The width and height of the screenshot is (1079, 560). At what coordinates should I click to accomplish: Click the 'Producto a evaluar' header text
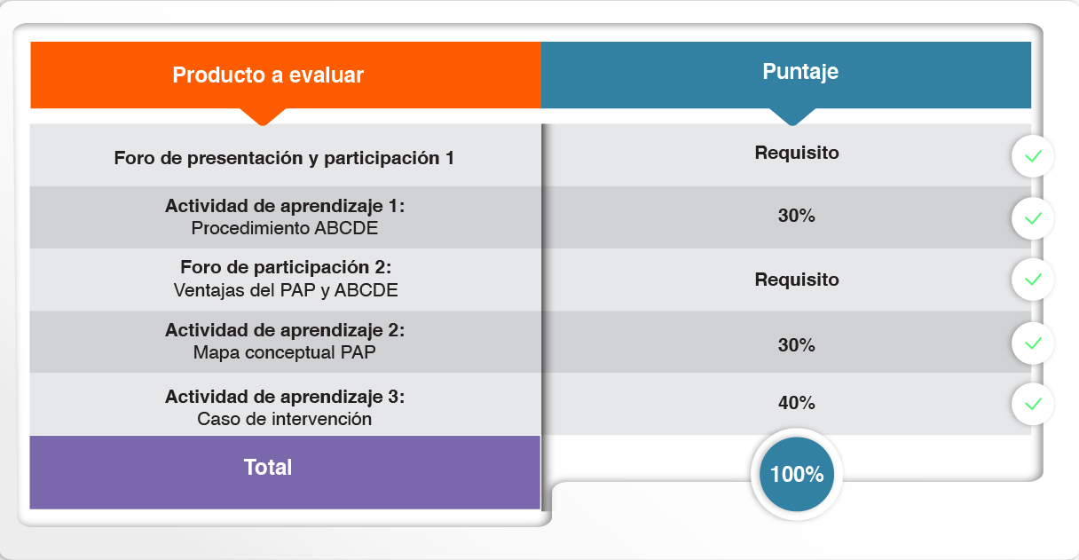(x=268, y=75)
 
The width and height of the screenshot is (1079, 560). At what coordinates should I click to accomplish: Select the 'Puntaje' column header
(x=800, y=72)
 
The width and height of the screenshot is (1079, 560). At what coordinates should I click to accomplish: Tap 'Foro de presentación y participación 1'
(x=284, y=158)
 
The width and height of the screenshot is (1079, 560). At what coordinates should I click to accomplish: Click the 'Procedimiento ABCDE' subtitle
(x=284, y=228)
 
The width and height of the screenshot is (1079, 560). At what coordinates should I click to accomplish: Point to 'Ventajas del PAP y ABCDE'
(x=286, y=290)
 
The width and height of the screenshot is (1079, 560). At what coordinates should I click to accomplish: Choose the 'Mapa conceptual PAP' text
(x=284, y=352)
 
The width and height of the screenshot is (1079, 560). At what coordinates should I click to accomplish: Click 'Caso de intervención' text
(x=284, y=419)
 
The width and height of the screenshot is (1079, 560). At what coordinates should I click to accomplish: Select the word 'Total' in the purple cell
(x=268, y=467)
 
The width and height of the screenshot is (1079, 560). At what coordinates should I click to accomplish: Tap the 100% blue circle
(x=797, y=474)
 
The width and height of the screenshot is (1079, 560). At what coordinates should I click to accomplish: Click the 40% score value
(x=796, y=403)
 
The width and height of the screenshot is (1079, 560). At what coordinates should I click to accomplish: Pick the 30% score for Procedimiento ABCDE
(x=796, y=216)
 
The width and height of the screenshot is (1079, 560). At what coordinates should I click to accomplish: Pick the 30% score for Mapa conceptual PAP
(x=796, y=345)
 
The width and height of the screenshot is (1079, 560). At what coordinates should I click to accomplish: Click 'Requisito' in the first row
(x=797, y=153)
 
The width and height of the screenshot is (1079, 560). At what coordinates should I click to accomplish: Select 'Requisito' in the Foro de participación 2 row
(x=797, y=280)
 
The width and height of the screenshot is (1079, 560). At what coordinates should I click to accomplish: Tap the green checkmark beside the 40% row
(x=1033, y=404)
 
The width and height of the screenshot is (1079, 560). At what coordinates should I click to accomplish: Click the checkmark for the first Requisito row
(x=1033, y=156)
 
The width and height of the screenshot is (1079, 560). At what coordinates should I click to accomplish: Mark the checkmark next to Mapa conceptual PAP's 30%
(x=1033, y=343)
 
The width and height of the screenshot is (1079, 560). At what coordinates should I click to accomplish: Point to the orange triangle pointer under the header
(x=263, y=116)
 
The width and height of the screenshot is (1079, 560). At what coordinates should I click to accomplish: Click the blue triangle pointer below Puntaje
(x=792, y=116)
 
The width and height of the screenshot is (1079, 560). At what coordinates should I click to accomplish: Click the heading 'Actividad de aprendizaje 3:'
(x=285, y=397)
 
